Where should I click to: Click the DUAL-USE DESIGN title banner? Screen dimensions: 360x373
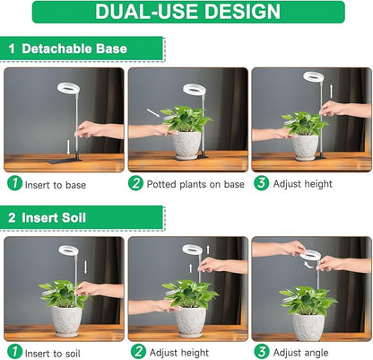tap(187, 13)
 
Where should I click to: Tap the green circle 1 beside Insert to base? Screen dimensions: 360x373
tap(14, 183)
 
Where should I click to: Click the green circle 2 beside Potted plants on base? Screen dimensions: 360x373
tap(137, 183)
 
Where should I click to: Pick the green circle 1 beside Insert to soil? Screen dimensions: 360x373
tap(14, 351)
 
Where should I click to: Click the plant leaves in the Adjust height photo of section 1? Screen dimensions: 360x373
tap(300, 123)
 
